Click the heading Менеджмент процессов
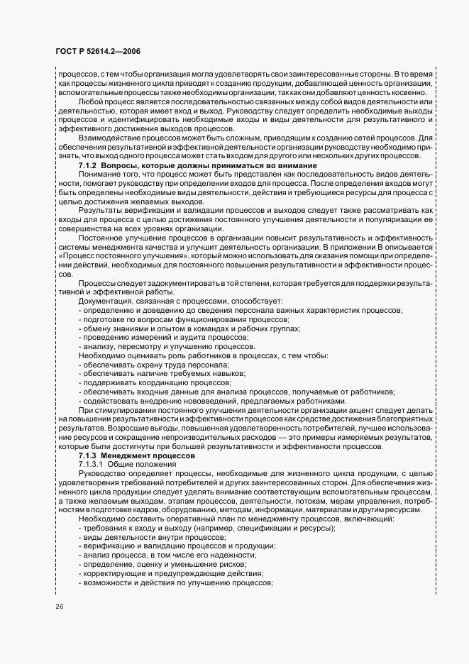(x=143, y=455)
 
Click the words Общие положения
(x=139, y=463)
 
